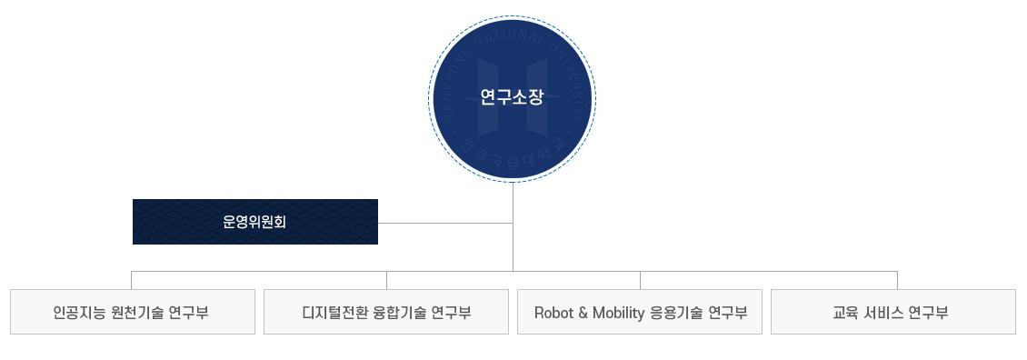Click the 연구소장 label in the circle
512,97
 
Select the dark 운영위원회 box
254,222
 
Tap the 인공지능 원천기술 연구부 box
132,312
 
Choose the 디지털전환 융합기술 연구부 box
386,312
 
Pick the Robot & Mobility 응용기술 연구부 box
640,312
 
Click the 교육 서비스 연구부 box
892,312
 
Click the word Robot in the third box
553,313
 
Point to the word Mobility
618,313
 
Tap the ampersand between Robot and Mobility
583,313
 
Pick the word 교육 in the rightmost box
846,313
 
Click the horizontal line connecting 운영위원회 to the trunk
445,223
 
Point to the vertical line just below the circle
513,200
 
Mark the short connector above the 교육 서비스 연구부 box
897,280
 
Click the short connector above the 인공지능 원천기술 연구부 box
132,280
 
